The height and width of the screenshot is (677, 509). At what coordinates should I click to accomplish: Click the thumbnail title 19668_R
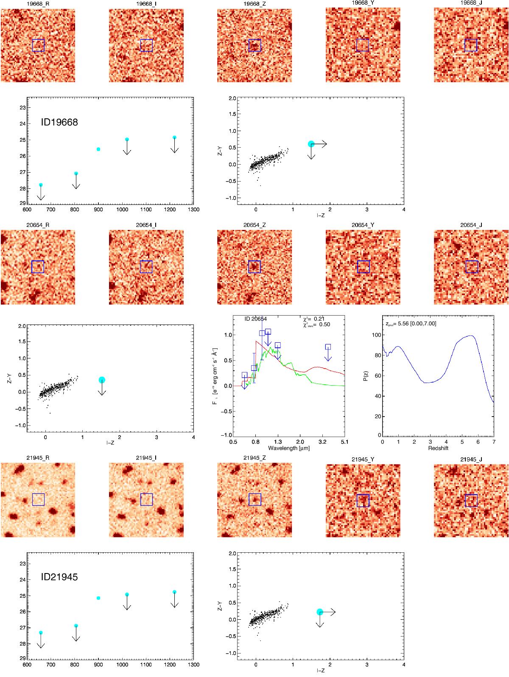tap(37, 4)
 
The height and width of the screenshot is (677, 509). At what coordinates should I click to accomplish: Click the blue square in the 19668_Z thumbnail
tap(255, 45)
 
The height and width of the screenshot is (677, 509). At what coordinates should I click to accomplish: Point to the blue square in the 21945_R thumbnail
tap(38, 499)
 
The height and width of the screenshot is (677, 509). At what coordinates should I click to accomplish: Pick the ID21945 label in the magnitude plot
tap(59, 577)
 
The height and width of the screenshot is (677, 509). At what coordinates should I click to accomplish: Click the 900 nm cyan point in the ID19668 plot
tap(98, 149)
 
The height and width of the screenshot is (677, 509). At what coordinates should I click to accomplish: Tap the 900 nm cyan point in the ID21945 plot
tap(98, 598)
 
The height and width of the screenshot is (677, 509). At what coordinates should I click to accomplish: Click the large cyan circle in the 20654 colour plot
tap(102, 380)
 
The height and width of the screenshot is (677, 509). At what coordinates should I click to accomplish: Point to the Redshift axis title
tap(438, 448)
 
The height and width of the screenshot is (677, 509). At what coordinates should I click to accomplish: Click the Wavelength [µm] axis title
tap(288, 448)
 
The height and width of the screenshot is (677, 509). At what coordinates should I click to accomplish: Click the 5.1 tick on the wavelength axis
tap(344, 442)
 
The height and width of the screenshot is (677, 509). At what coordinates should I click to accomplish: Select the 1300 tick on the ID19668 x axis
tap(194, 209)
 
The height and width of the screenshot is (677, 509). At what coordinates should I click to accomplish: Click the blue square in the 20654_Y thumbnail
tap(364, 267)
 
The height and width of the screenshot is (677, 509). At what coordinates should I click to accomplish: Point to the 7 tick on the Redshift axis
tap(493, 442)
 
